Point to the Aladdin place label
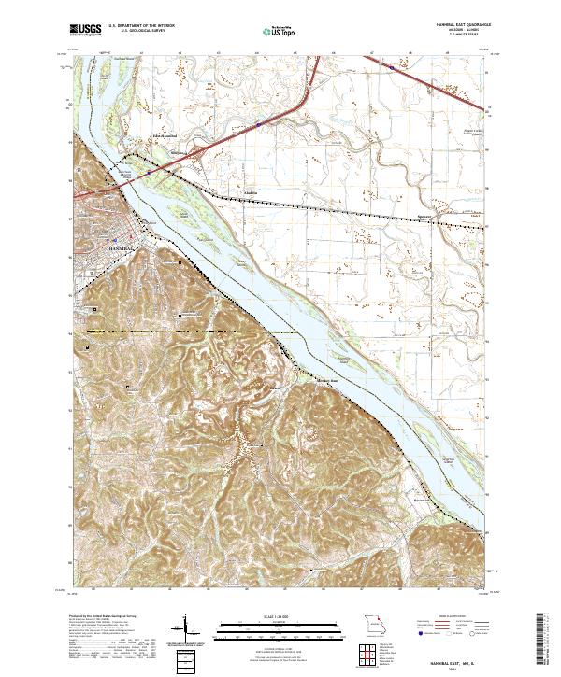tap(250, 195)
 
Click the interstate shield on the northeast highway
tap(404, 67)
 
